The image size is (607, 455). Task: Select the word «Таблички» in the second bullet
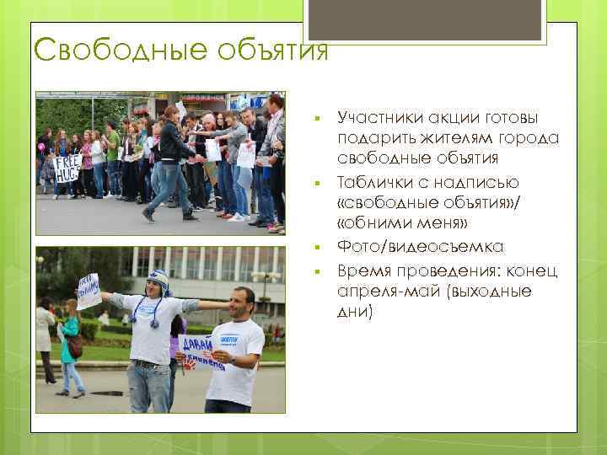376,182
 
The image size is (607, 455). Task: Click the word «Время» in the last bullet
363,270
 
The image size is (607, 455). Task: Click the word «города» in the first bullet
511,138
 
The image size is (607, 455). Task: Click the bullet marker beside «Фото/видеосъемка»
314,248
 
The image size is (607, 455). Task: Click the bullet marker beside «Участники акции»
314,120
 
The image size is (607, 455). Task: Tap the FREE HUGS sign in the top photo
66,169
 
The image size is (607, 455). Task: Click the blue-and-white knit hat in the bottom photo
157,280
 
